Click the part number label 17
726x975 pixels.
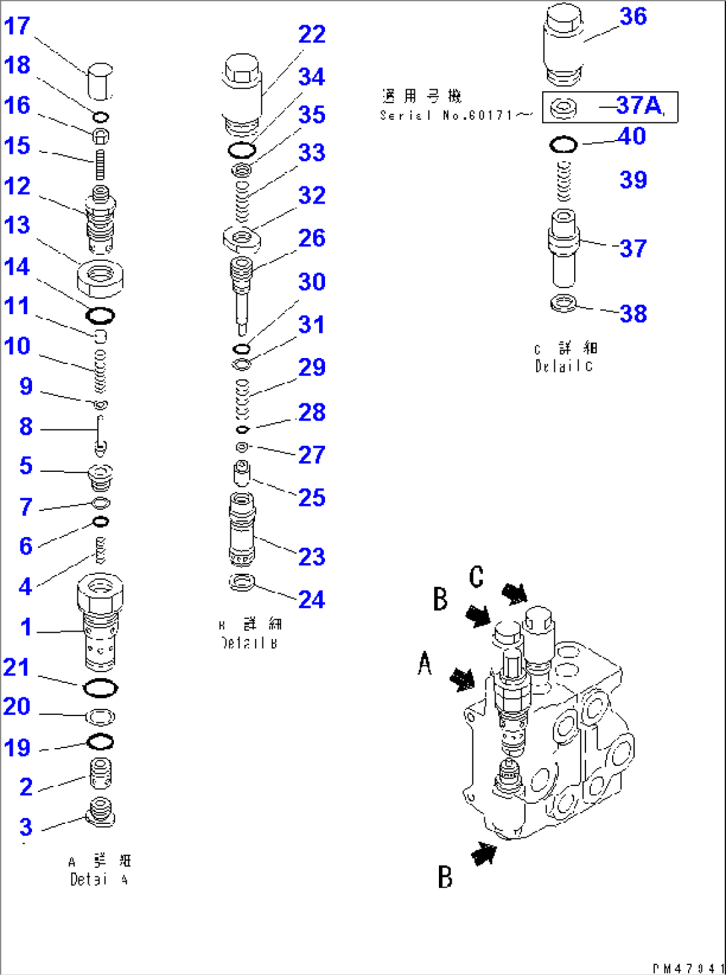point(17,27)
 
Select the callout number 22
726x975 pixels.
point(312,35)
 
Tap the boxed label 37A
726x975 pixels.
point(639,106)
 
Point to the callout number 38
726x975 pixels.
point(633,314)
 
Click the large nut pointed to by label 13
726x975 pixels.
point(101,278)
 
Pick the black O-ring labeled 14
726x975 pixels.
point(100,315)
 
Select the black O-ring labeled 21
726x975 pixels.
point(101,688)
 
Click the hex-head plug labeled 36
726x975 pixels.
point(563,43)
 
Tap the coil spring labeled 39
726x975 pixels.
point(563,181)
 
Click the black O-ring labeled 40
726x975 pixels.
point(563,144)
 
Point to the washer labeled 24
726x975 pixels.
point(242,582)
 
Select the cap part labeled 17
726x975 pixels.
point(100,81)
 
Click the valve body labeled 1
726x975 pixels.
point(100,622)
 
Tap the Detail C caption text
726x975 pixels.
point(565,357)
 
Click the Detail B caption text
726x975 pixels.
point(250,634)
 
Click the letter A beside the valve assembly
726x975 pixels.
point(425,664)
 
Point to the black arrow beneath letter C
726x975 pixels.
point(514,593)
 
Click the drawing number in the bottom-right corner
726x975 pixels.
point(687,968)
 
